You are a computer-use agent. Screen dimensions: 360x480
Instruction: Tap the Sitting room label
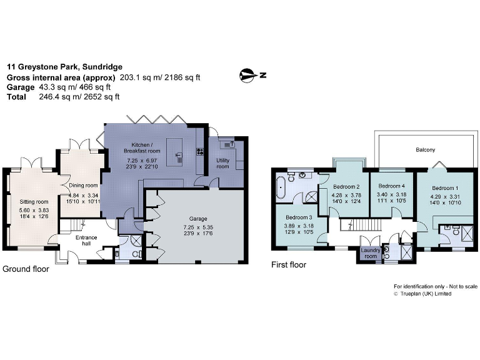[x=34, y=202]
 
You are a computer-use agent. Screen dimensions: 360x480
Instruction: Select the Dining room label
[x=84, y=185]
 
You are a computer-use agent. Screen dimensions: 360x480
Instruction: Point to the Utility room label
[x=223, y=163]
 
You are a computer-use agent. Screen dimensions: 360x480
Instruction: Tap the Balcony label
[x=426, y=150]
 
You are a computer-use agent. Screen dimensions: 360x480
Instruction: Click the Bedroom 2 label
[x=346, y=187]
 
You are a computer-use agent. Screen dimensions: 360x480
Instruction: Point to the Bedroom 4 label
[x=391, y=186]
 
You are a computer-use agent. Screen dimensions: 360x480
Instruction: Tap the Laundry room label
[x=370, y=252]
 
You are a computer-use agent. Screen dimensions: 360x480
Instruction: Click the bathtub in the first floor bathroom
[x=281, y=187]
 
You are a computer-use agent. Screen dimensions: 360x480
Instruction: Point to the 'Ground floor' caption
[x=26, y=269]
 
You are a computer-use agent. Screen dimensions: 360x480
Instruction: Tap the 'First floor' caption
[x=288, y=265]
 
